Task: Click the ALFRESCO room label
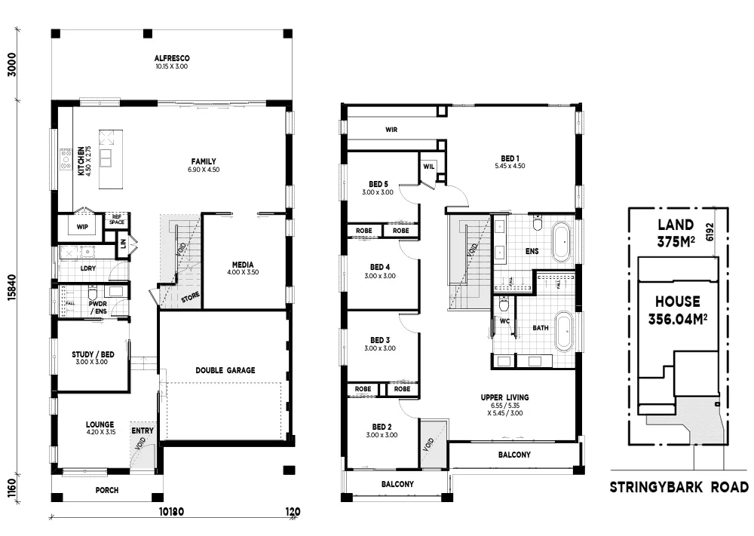click(x=171, y=58)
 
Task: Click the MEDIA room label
click(x=242, y=265)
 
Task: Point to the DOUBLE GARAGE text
click(x=225, y=370)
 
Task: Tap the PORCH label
click(x=106, y=490)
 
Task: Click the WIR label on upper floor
click(x=391, y=130)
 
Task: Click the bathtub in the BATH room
click(x=562, y=332)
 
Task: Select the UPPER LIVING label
click(x=504, y=397)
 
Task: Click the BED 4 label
click(x=379, y=267)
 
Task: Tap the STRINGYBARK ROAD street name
click(x=679, y=488)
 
